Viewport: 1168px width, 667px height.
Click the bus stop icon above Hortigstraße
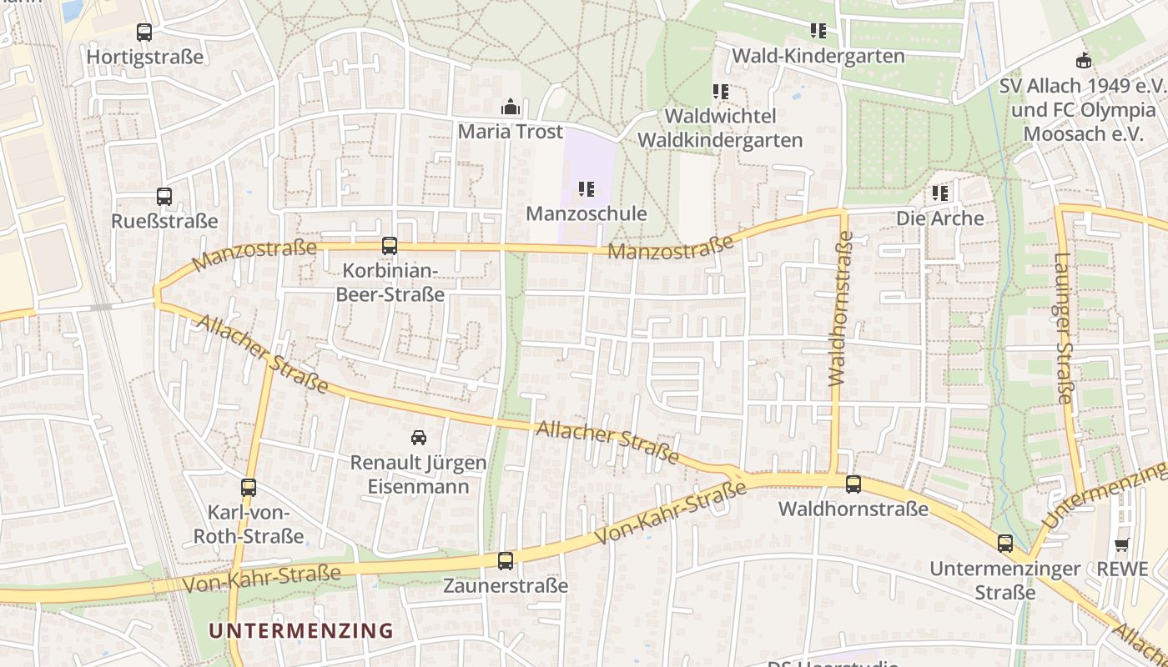[x=144, y=33]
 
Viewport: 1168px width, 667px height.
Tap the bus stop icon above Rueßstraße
[x=164, y=197]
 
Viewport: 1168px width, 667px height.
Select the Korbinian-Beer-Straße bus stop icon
[x=390, y=246]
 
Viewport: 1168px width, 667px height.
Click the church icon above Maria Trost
[x=510, y=107]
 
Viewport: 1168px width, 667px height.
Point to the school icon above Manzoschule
[x=587, y=189]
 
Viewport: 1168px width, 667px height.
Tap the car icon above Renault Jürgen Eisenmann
[x=419, y=437]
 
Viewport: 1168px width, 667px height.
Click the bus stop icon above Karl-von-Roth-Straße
[x=249, y=488]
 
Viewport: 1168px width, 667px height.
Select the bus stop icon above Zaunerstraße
[x=506, y=561]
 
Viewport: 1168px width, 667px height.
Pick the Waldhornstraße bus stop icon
[x=853, y=484]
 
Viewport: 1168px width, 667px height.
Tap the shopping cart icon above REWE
[x=1122, y=545]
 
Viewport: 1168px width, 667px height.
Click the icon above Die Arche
[x=940, y=194]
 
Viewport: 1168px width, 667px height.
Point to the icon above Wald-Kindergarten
[x=818, y=31]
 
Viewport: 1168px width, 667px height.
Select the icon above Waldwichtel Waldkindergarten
[x=721, y=92]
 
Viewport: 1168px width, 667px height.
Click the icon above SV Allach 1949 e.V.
[x=1083, y=60]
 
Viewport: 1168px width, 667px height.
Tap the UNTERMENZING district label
[x=300, y=630]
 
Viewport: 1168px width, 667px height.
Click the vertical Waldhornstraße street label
[x=842, y=308]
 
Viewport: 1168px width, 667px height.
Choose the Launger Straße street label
[x=1062, y=328]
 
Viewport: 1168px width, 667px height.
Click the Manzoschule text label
[x=587, y=214]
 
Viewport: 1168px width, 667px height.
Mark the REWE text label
[x=1122, y=569]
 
